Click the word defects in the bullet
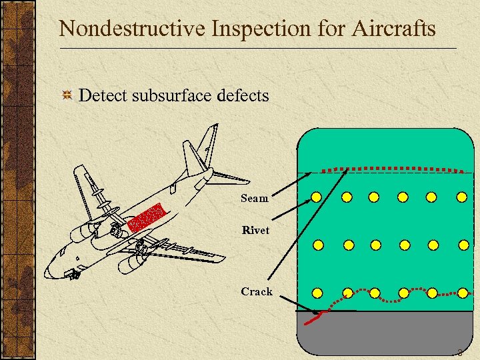coord(243,96)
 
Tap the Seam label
coord(255,198)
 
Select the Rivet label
coord(256,231)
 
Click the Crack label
coord(257,291)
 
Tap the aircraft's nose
coord(49,271)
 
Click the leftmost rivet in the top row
coord(317,197)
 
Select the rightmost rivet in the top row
coord(461,197)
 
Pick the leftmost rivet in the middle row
coord(318,245)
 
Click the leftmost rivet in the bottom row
coord(317,293)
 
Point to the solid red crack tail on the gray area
coord(314,318)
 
